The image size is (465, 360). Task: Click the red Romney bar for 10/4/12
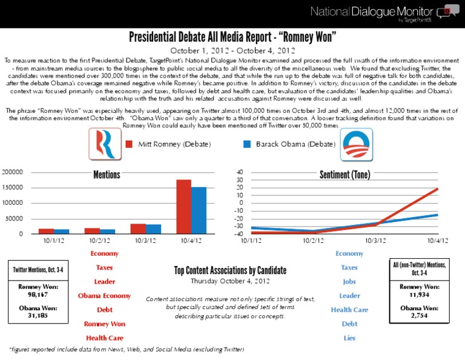[x=183, y=207]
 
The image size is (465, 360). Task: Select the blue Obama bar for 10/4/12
[x=199, y=210]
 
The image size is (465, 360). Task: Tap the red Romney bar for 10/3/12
[x=138, y=228]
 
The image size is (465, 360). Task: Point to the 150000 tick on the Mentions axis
[x=13, y=188]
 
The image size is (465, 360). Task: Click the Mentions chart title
[x=107, y=175]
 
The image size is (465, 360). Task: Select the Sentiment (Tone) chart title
[x=345, y=175]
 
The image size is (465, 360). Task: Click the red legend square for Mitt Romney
[x=128, y=145]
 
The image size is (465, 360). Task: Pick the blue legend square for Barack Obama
[x=246, y=145]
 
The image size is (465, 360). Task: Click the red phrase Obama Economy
[x=104, y=296]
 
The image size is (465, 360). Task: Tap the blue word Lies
[x=349, y=338]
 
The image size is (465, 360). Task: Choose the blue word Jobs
[x=349, y=282]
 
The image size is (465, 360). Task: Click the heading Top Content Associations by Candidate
[x=230, y=270]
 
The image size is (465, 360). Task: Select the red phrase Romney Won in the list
[x=104, y=324]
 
